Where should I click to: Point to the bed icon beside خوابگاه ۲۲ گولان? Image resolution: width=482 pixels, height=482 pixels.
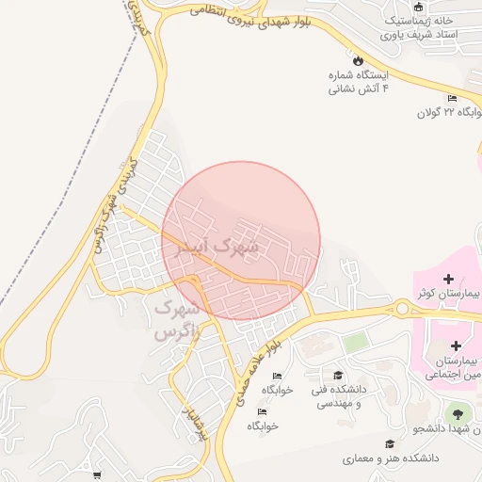pyautogui.click(x=453, y=98)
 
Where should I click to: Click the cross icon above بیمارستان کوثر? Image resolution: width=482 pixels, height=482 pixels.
pyautogui.click(x=448, y=279)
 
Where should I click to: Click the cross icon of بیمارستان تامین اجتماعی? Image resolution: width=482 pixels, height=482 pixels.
pyautogui.click(x=456, y=345)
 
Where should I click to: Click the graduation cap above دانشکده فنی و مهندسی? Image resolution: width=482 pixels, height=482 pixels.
pyautogui.click(x=338, y=376)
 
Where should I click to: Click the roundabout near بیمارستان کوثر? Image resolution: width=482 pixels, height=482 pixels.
pyautogui.click(x=403, y=307)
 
